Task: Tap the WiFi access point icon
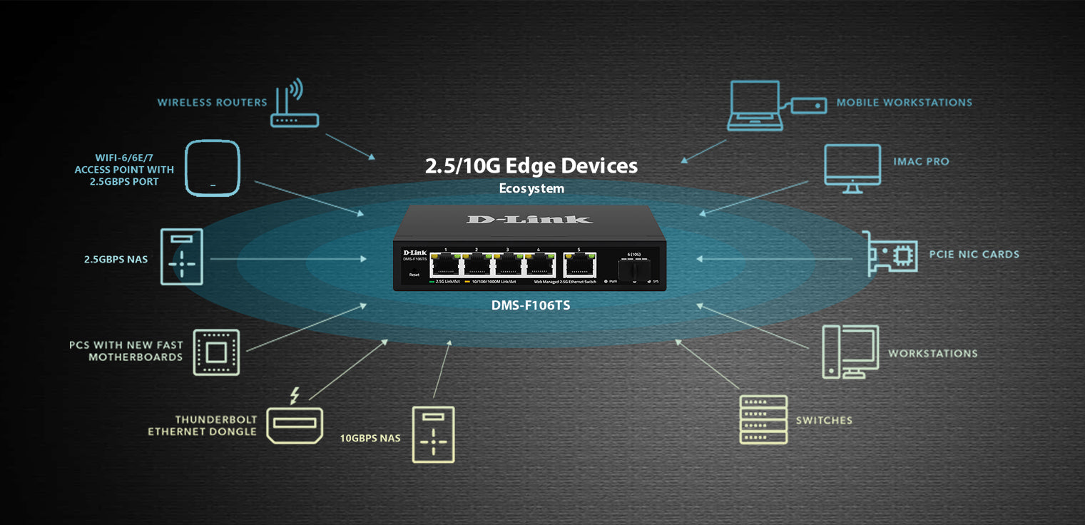(213, 168)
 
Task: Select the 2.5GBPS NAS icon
(182, 258)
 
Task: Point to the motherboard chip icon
(216, 352)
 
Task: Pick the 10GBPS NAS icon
(433, 434)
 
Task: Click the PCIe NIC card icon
(889, 254)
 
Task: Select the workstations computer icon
(850, 351)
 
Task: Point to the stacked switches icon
(763, 419)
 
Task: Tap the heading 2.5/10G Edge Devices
(531, 166)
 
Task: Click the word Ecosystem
(531, 189)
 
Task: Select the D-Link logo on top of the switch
(529, 219)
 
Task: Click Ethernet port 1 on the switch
(445, 265)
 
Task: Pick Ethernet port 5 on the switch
(579, 265)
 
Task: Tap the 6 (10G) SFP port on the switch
(633, 270)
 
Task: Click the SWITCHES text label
(824, 420)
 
